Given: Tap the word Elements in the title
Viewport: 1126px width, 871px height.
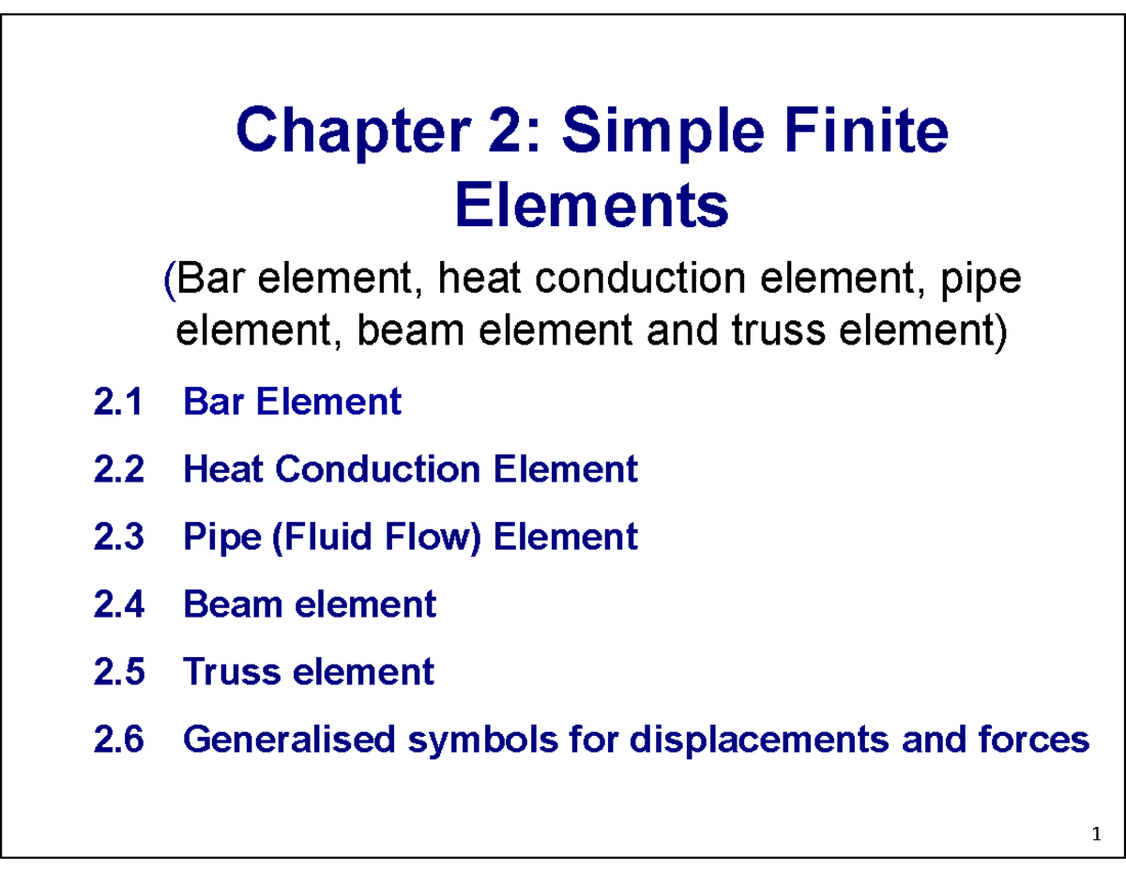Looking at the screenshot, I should point(591,206).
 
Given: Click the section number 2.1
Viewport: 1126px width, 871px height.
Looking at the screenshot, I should point(119,403).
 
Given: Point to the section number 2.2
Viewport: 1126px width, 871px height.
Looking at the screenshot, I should point(119,468).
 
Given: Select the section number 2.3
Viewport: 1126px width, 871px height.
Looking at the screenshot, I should point(119,537).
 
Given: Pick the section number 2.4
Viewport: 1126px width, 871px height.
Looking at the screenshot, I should point(119,604).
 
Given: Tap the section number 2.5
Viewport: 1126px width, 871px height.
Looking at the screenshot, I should point(119,672).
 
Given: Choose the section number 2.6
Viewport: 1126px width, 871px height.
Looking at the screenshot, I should point(119,741).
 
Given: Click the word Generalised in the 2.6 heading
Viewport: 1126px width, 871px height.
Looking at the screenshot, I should point(288,741).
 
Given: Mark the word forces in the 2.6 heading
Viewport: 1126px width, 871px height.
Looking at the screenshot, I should point(1042,741).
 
